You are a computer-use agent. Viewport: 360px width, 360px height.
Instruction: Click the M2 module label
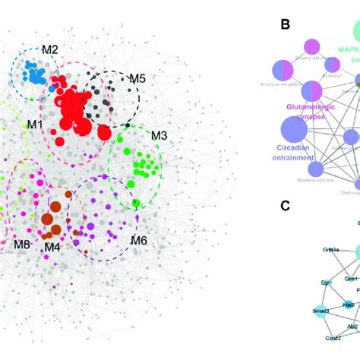(x=50, y=49)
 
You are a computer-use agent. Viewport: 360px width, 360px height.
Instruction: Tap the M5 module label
(x=137, y=77)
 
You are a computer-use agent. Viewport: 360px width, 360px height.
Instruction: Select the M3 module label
(x=159, y=136)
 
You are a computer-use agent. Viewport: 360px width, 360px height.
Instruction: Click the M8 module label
(x=22, y=245)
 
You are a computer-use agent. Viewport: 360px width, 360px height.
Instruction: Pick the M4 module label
(x=52, y=246)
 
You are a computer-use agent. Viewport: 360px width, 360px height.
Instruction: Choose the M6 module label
(x=138, y=240)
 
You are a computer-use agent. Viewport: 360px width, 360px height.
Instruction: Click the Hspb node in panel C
(x=348, y=305)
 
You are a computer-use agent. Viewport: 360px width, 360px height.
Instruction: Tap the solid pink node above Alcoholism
(x=311, y=47)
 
